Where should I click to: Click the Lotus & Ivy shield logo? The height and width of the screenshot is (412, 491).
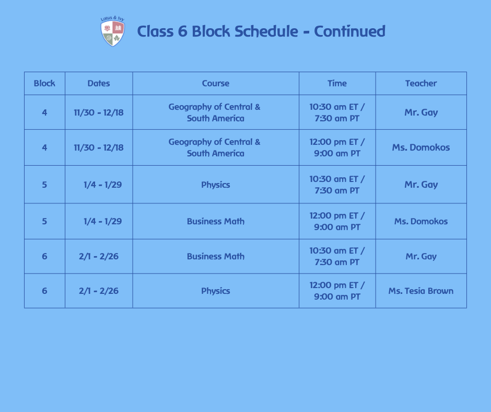click(112, 32)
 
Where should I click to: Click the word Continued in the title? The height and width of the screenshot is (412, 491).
click(349, 31)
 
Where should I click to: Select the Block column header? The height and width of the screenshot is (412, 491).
click(44, 83)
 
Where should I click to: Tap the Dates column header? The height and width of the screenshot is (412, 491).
click(99, 83)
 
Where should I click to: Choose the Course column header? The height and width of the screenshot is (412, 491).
click(215, 83)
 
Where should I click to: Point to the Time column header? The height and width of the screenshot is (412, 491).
click(337, 83)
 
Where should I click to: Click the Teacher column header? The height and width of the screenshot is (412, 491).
click(420, 83)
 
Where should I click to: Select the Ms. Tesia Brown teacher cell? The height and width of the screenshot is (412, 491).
click(420, 291)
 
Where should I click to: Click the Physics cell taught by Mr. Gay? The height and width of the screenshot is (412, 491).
click(215, 185)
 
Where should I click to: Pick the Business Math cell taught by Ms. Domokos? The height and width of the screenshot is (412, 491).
click(215, 221)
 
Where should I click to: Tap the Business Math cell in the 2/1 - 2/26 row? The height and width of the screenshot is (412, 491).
click(215, 256)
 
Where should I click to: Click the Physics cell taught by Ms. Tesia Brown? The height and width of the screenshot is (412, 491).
click(215, 291)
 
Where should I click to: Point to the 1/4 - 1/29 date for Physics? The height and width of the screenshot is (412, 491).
click(102, 185)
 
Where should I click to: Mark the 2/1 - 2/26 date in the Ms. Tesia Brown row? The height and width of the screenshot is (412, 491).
click(99, 291)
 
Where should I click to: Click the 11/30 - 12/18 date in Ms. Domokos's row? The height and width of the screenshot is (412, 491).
click(99, 147)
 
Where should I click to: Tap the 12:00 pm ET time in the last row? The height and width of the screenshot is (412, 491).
click(337, 285)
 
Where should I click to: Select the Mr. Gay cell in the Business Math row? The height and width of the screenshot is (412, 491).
click(420, 256)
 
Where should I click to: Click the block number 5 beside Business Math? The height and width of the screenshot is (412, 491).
click(44, 221)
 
